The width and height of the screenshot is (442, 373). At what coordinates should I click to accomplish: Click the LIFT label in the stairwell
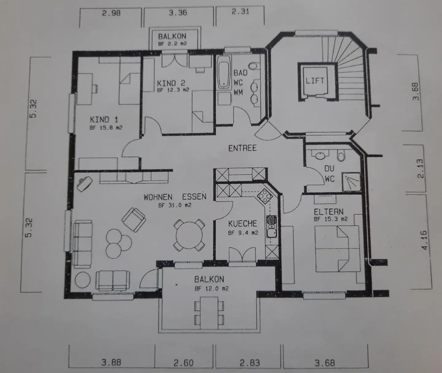pos(315,81)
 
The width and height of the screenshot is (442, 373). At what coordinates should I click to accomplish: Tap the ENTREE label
pos(242,148)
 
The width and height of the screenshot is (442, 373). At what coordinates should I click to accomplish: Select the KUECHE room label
pos(242,223)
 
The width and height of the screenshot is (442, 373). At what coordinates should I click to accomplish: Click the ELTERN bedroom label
pos(328,212)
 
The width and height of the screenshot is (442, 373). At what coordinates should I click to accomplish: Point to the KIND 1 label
pos(104,119)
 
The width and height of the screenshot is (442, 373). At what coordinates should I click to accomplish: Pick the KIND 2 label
pos(171,83)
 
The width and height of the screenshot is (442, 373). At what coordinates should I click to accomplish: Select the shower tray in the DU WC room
pos(352,181)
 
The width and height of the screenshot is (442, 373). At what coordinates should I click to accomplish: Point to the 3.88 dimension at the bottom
pos(111,363)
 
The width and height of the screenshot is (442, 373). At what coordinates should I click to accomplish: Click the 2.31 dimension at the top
pos(240,12)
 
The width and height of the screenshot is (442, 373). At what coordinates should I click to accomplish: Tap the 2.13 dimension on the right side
pos(420,168)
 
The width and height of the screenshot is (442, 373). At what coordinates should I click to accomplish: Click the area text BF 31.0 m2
pos(175,205)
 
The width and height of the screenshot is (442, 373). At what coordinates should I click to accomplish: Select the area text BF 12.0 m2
pos(211,289)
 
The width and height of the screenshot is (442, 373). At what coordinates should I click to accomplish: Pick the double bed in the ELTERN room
pos(337,249)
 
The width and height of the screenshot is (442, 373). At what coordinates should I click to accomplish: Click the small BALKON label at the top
pos(172,36)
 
